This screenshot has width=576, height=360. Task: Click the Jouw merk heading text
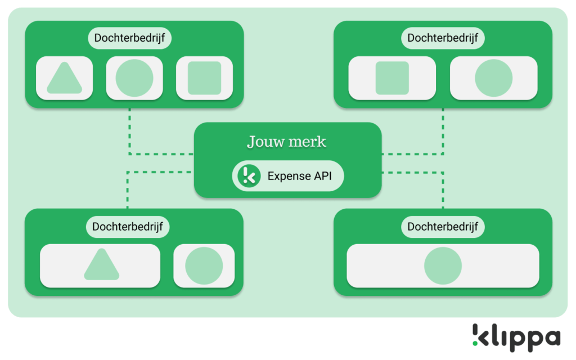point(286,142)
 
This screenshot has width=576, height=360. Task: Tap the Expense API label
point(299,176)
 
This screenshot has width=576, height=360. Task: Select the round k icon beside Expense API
point(249,176)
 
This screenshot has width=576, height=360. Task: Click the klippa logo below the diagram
point(516,337)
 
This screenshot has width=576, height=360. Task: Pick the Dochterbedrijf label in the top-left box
point(130,38)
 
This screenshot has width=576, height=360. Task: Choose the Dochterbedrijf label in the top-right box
point(443,38)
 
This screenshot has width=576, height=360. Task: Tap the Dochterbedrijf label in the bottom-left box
point(128,227)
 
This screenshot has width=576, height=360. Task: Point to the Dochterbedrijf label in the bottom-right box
point(443,227)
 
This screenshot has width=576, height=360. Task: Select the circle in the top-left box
point(134,78)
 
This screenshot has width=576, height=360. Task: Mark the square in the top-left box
point(205,78)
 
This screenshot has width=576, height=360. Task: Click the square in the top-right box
point(392,78)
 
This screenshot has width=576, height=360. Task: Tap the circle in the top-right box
point(494,78)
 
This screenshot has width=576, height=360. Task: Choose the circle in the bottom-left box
point(204,265)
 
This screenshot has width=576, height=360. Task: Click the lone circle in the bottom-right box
point(443,265)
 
